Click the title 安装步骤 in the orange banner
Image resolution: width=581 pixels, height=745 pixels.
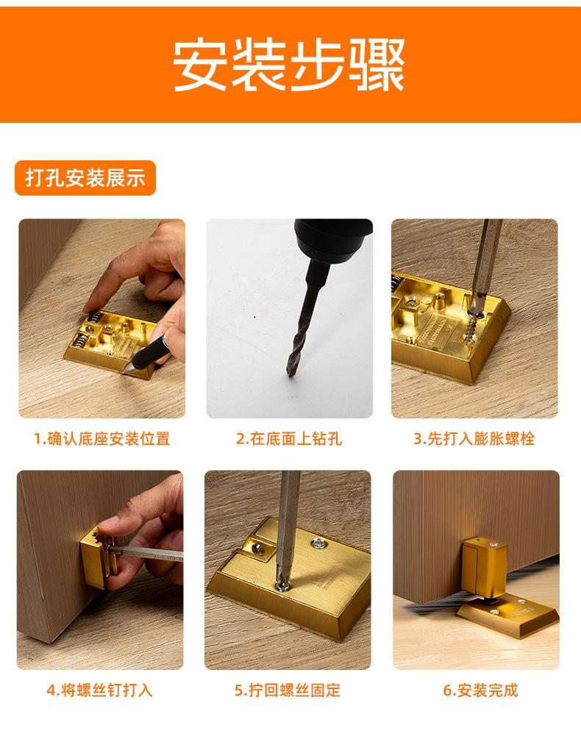tap(288, 65)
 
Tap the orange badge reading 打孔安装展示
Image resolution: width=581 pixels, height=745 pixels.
tap(85, 178)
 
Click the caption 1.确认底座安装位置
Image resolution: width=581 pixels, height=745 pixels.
tap(101, 438)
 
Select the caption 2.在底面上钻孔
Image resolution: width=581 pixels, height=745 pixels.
tap(289, 438)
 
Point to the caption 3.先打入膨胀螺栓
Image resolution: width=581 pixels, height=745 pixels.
tap(474, 438)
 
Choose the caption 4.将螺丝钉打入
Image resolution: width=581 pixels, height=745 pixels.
tap(100, 690)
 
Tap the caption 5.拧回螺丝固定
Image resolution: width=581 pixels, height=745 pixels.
tap(288, 690)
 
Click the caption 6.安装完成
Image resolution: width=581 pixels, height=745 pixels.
tap(480, 690)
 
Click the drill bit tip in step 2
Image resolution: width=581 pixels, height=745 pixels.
tap(289, 375)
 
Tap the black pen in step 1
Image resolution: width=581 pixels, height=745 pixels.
tap(150, 352)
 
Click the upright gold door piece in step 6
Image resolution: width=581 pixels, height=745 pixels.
tap(484, 567)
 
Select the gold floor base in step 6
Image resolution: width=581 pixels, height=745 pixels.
tap(508, 617)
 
